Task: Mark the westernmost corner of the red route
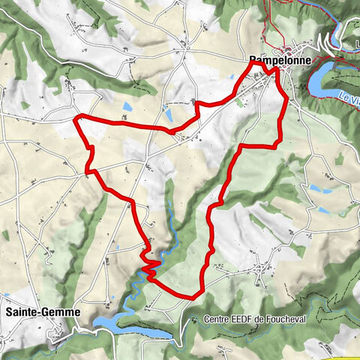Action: [74, 118]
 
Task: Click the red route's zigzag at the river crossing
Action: [150, 264]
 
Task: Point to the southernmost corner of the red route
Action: [193, 297]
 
